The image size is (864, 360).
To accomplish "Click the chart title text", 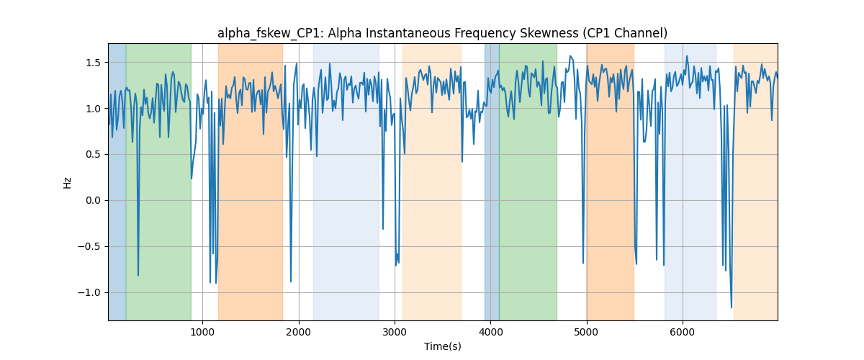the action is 442,34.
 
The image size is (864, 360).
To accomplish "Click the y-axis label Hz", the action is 68,183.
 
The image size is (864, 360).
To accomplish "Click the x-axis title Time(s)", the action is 442,346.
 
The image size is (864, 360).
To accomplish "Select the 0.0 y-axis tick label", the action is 93,201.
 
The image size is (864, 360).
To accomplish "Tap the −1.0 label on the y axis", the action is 89,293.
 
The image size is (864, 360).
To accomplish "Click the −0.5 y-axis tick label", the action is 89,246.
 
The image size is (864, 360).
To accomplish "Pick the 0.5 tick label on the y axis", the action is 93,155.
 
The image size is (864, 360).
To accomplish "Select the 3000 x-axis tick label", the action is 395,332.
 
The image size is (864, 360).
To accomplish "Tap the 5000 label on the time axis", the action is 586,332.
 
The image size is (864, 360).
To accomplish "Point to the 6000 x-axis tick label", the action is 683,332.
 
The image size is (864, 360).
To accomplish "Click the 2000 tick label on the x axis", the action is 299,332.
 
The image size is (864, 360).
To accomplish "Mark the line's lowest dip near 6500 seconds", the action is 732,308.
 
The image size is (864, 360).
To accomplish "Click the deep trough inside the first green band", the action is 138,276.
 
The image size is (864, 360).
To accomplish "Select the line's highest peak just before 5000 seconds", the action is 570,56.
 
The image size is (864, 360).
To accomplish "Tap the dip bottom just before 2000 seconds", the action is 291,282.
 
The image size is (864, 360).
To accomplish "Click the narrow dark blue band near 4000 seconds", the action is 492,182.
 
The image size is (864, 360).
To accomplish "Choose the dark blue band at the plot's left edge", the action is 117,182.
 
